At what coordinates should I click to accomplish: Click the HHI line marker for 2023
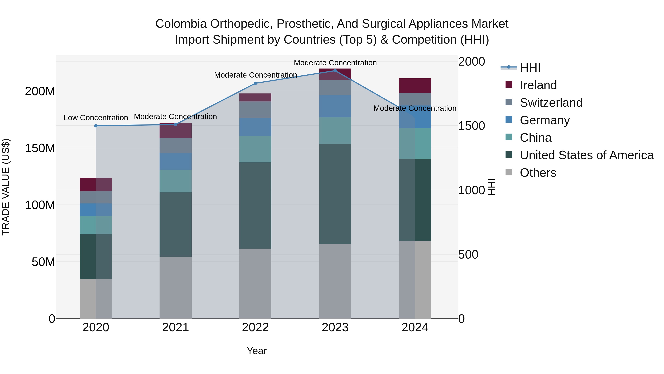click(x=335, y=71)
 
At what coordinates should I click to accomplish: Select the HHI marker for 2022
click(x=255, y=83)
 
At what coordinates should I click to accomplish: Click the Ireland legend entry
click(x=538, y=85)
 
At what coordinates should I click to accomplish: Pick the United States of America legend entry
click(x=586, y=155)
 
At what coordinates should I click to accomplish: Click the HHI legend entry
click(x=530, y=68)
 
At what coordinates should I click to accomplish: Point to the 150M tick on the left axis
click(x=40, y=148)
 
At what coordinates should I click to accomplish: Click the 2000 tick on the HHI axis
click(x=471, y=62)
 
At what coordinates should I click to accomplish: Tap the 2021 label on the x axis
click(x=176, y=327)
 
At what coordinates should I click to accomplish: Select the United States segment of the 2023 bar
click(x=335, y=194)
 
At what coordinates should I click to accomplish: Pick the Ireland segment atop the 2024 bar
click(x=415, y=86)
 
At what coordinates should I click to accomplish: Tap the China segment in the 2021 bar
click(x=176, y=181)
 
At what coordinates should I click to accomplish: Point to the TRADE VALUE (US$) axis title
click(x=6, y=187)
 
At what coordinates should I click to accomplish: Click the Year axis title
click(x=257, y=351)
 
